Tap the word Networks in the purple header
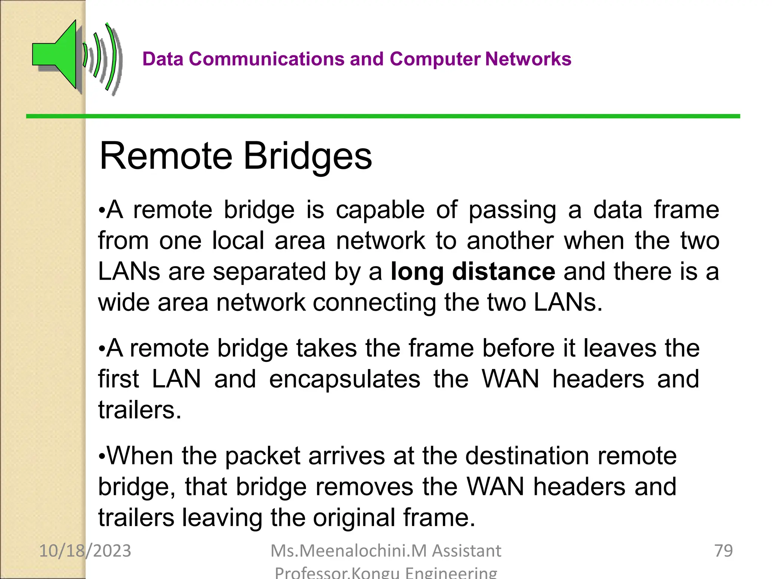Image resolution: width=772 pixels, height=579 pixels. (528, 59)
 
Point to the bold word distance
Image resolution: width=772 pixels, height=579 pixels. (504, 271)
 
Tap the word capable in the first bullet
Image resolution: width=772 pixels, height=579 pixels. (380, 210)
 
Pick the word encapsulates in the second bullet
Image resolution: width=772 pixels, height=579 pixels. (345, 379)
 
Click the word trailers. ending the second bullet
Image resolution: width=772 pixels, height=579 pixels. (140, 410)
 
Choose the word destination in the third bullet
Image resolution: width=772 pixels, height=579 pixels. (527, 456)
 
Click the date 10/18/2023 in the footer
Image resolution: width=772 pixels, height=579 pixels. (85, 551)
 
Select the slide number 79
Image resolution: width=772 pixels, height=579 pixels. (723, 551)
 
